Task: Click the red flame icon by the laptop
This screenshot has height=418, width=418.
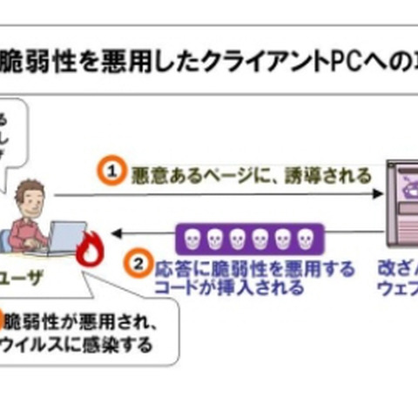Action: click(91, 250)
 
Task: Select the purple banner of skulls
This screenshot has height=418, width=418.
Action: click(250, 237)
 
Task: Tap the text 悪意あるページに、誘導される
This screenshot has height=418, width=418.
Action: click(251, 173)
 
